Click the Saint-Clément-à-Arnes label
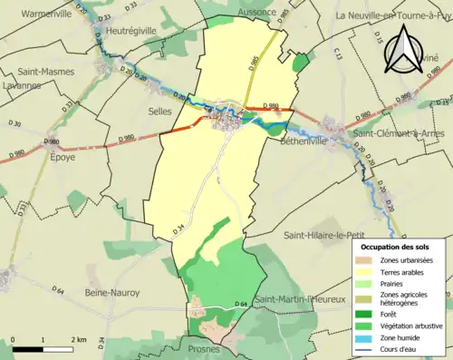pos(392,133)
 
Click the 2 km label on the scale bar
pos(78,339)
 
